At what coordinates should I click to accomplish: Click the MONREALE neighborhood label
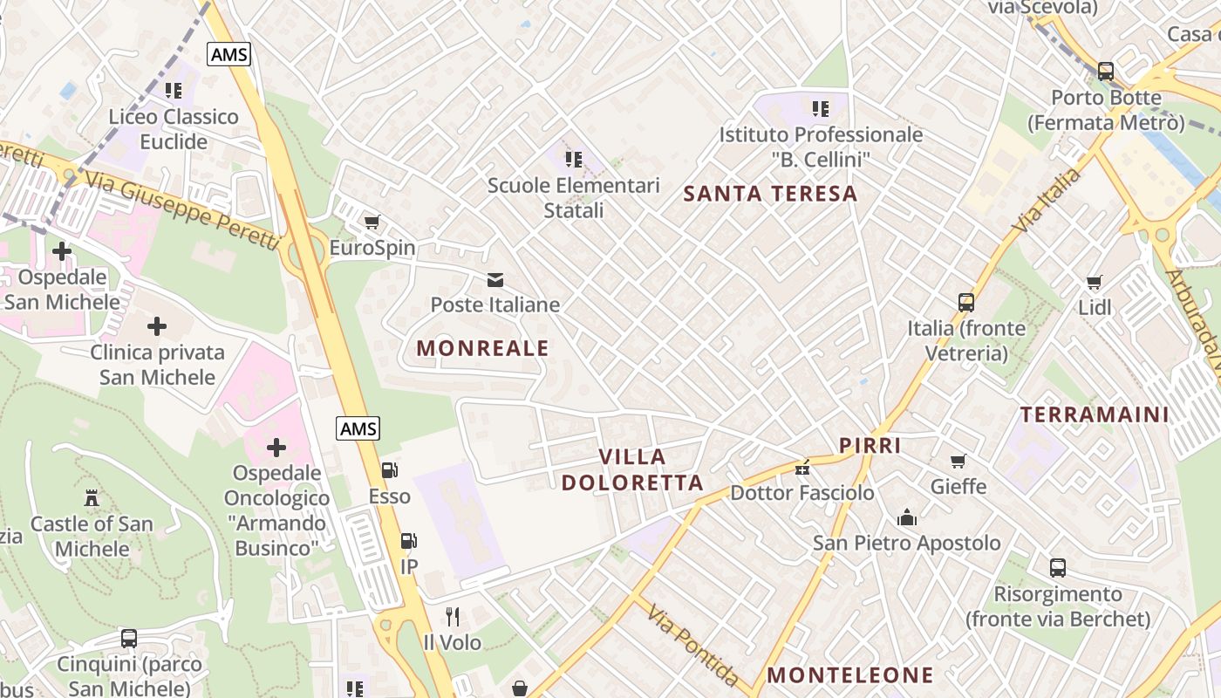pyautogui.click(x=482, y=348)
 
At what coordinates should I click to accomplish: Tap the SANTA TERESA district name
pyautogui.click(x=770, y=194)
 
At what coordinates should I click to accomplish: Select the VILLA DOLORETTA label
pyautogui.click(x=632, y=469)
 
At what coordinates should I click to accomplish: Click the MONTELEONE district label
pyautogui.click(x=849, y=675)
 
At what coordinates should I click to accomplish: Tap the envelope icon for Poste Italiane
pyautogui.click(x=495, y=280)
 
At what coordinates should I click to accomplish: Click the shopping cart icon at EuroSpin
pyautogui.click(x=372, y=222)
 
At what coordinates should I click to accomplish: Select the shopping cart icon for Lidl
pyautogui.click(x=1095, y=282)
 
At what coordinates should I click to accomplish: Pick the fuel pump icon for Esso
pyautogui.click(x=390, y=471)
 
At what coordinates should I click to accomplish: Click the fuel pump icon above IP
pyautogui.click(x=408, y=541)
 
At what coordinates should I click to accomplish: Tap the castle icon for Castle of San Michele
pyautogui.click(x=92, y=498)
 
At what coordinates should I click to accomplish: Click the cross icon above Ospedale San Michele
pyautogui.click(x=62, y=252)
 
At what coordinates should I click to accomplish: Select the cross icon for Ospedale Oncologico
pyautogui.click(x=276, y=448)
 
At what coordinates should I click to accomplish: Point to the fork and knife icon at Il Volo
pyautogui.click(x=452, y=617)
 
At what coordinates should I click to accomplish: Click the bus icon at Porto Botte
pyautogui.click(x=1105, y=72)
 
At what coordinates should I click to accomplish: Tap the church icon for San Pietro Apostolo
pyautogui.click(x=907, y=517)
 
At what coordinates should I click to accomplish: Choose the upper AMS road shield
pyautogui.click(x=229, y=54)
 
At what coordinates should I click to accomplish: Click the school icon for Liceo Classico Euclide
pyautogui.click(x=174, y=91)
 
